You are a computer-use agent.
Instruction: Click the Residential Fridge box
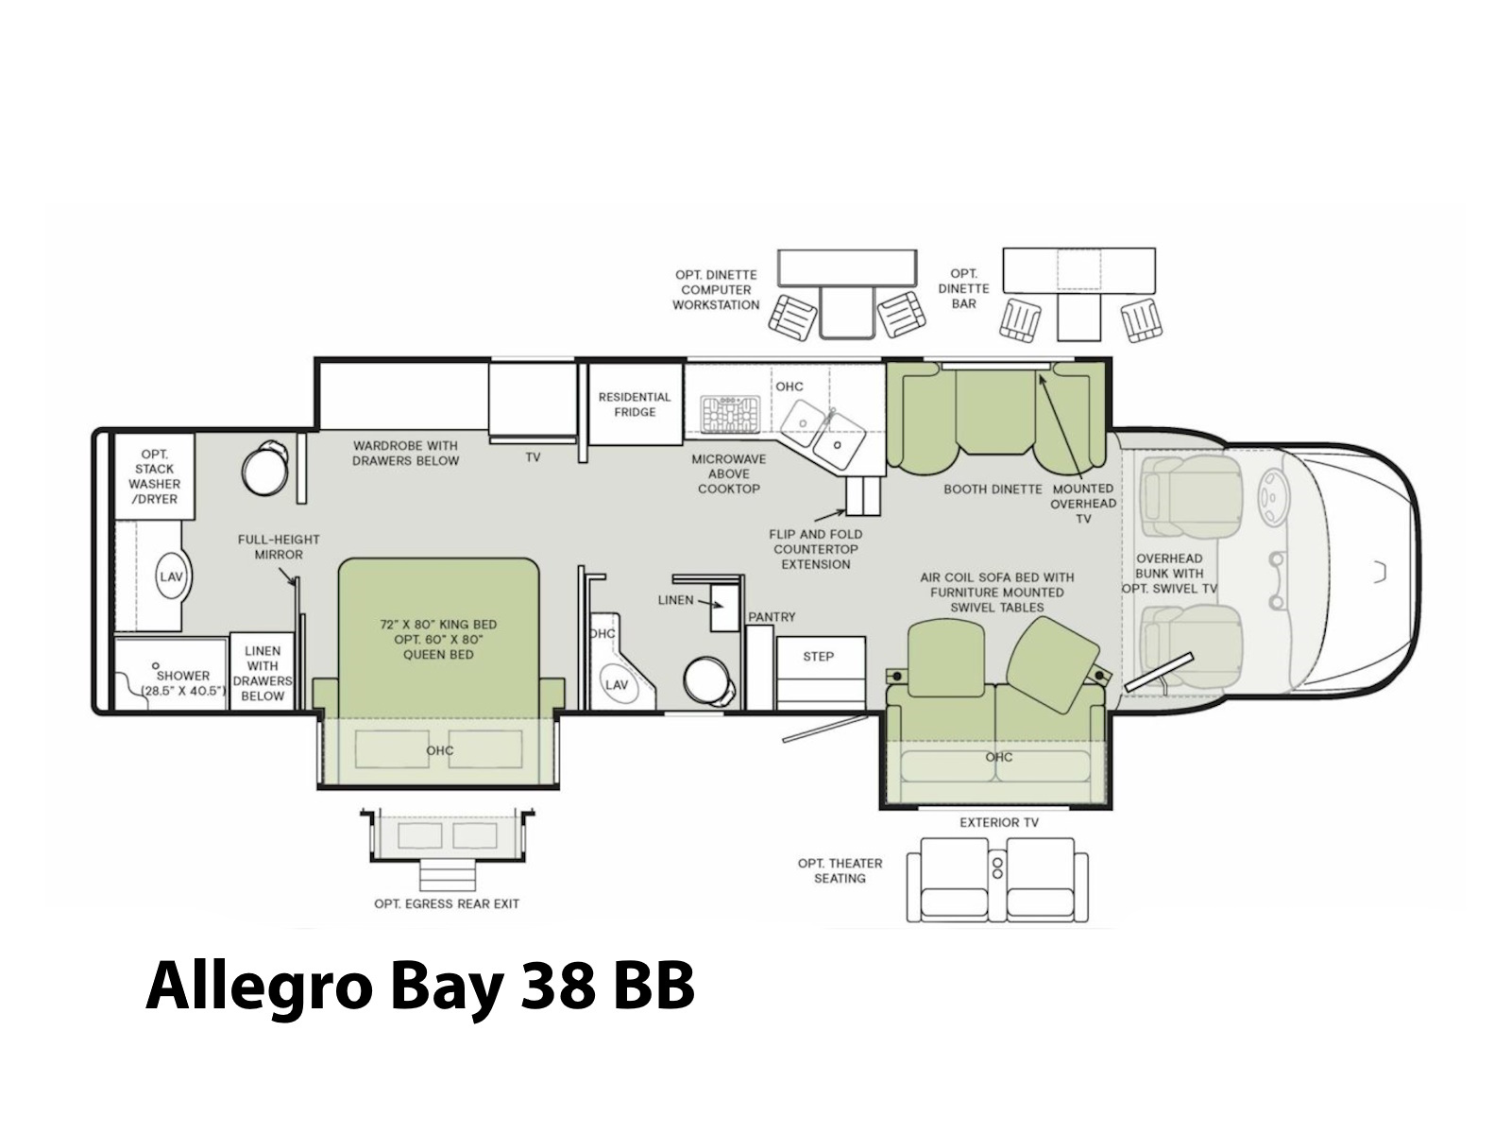click(x=635, y=404)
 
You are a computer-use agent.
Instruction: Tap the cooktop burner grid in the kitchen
click(x=730, y=415)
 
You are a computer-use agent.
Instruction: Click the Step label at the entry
click(x=818, y=657)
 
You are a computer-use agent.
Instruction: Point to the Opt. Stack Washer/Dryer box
click(x=154, y=476)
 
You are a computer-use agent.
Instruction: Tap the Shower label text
click(x=183, y=676)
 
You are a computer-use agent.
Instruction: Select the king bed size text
click(x=438, y=625)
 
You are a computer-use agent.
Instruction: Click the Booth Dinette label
click(x=993, y=490)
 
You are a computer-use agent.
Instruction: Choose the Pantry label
click(x=772, y=617)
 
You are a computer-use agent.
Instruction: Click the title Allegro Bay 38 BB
click(x=420, y=988)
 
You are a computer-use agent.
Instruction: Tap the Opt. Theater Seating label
click(x=840, y=871)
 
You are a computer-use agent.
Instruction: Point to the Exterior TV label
click(x=999, y=822)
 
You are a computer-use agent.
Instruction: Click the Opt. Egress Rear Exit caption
click(x=447, y=904)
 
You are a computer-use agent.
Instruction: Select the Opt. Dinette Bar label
click(x=964, y=288)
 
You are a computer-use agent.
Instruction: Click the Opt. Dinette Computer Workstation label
click(x=716, y=290)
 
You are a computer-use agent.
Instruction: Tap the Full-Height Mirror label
click(x=279, y=547)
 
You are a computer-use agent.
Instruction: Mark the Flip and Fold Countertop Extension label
click(x=816, y=549)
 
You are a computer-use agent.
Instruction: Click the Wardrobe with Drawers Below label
click(x=405, y=453)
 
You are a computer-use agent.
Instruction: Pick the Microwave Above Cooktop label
click(x=729, y=473)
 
